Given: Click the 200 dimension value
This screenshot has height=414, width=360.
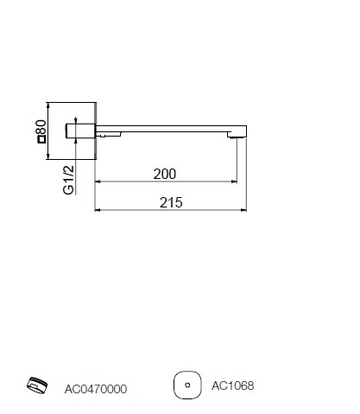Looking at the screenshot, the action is click(x=164, y=174).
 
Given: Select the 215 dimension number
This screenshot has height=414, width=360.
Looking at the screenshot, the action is click(x=171, y=202).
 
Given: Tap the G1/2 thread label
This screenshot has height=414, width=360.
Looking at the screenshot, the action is click(x=68, y=180).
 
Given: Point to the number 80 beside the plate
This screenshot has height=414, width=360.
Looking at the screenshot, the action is click(x=41, y=127).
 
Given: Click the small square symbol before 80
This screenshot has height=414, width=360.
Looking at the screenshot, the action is click(x=41, y=139).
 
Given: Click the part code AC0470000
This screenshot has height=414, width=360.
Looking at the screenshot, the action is click(x=96, y=389).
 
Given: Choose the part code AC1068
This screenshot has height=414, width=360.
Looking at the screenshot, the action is click(x=233, y=385).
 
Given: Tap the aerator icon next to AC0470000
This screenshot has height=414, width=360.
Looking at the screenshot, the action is click(x=37, y=385).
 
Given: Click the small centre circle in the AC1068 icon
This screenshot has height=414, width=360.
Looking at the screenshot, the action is click(x=187, y=385).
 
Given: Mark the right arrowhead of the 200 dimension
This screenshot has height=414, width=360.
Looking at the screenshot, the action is click(x=234, y=182).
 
